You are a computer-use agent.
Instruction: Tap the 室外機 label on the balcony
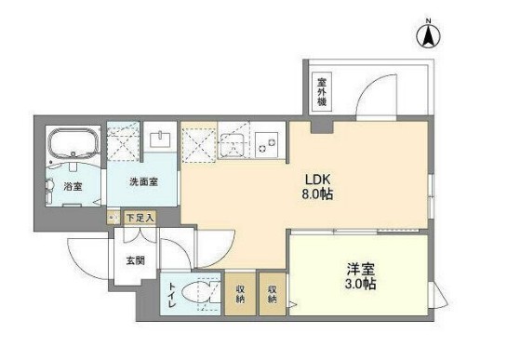coord(319,91)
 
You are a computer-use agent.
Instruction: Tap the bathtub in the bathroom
coord(73,145)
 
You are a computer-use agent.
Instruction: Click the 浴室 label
coord(73,184)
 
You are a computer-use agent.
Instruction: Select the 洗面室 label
coord(142,181)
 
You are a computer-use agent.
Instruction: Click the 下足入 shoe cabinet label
coord(141,217)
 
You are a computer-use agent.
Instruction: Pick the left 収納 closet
coord(239,294)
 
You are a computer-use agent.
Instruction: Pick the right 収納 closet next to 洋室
coord(274,294)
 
